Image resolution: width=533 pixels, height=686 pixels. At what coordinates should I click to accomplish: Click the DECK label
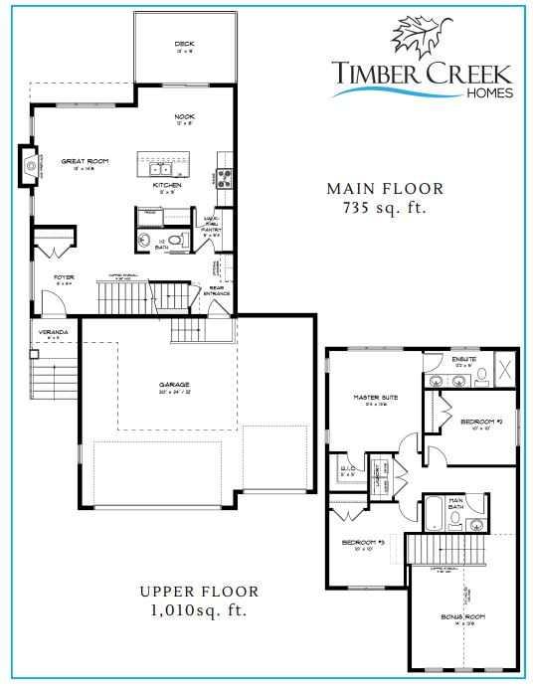coord(184,44)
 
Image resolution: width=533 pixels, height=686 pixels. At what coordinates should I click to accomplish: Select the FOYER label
coord(65,278)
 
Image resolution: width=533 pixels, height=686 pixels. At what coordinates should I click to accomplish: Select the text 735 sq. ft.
coord(376,208)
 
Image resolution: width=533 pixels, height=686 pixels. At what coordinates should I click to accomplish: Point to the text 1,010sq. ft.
coord(200,608)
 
